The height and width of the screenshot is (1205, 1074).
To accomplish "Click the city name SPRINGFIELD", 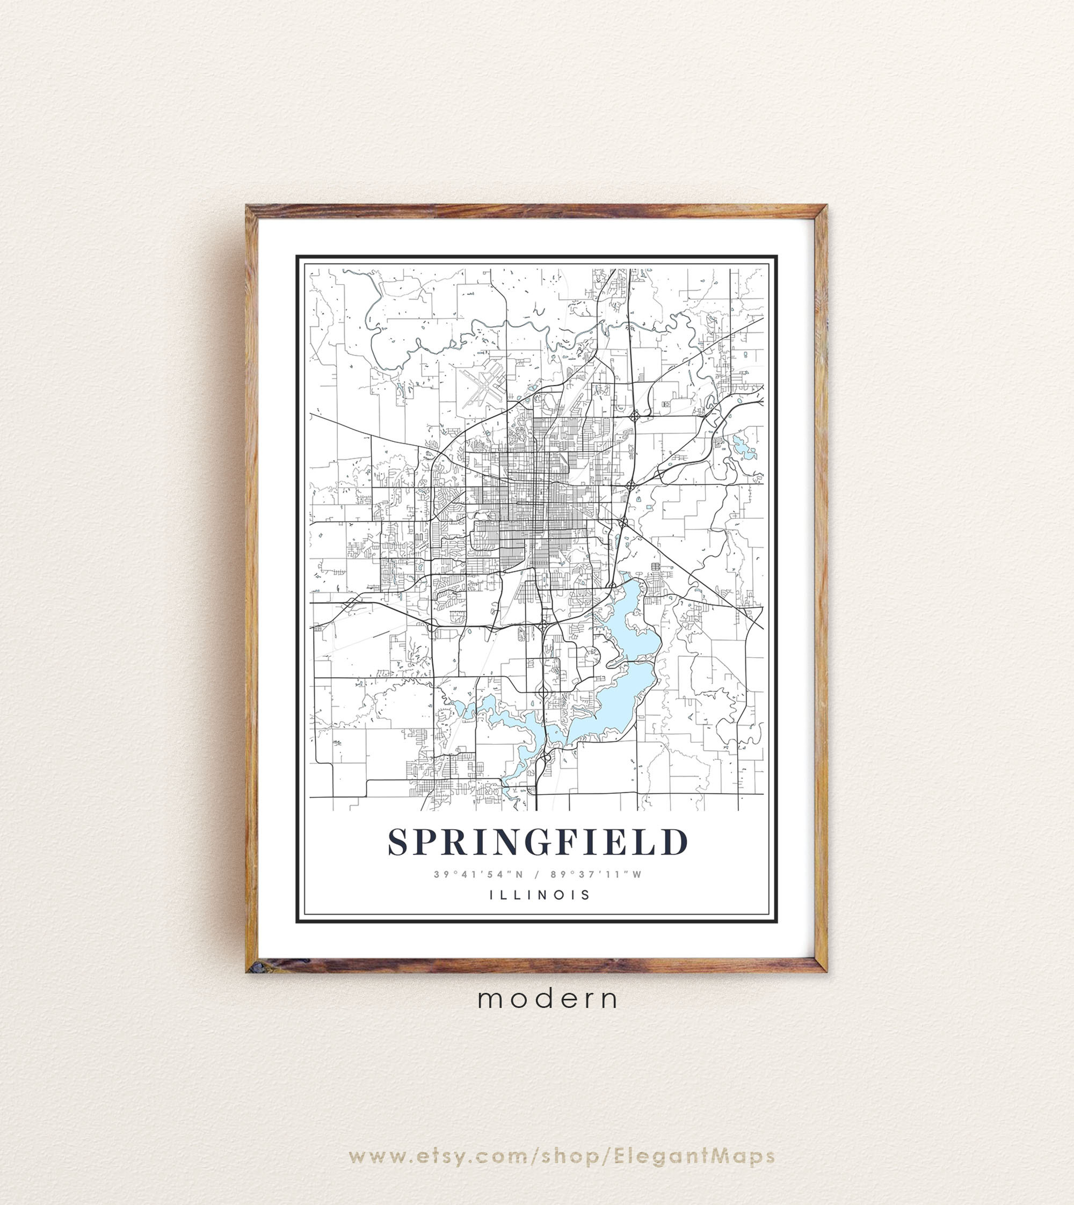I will point(538,842).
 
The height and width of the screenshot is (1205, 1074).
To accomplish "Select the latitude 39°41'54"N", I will point(478,875).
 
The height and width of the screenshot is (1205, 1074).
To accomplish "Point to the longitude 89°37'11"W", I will point(596,875).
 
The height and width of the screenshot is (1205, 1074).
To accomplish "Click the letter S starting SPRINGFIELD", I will point(399,842).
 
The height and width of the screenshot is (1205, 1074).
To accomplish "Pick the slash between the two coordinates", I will point(537,875).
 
